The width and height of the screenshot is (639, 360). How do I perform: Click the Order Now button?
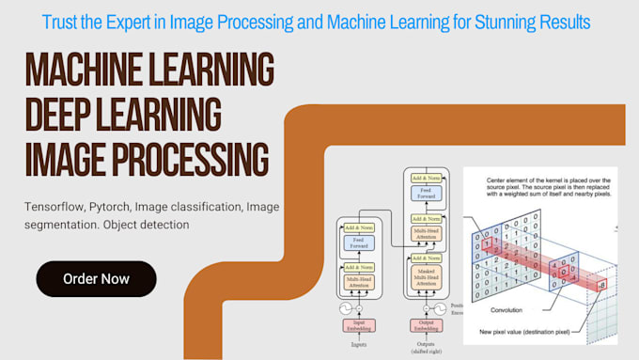96,278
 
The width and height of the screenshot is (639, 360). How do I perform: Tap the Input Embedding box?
358,325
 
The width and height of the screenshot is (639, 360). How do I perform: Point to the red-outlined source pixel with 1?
489,241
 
